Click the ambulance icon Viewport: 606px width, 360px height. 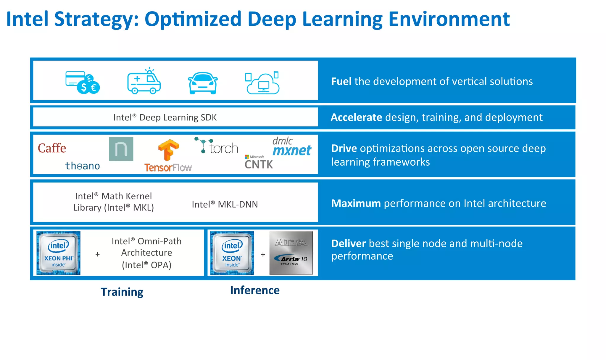point(144,81)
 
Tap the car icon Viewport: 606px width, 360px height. point(203,83)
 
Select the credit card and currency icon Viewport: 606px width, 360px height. point(83,83)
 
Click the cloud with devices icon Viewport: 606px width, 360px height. point(262,83)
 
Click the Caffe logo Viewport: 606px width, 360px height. point(52,148)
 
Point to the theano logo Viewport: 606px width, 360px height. point(83,166)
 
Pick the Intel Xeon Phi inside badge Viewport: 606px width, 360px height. point(58,253)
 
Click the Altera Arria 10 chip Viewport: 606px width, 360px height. point(291,253)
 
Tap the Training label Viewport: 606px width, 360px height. point(122,292)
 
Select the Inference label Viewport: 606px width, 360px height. point(255,290)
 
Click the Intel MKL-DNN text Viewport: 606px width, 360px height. point(225,204)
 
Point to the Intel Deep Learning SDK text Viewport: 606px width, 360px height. point(165,117)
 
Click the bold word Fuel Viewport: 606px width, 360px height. point(341,81)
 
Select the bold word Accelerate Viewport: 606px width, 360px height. point(356,117)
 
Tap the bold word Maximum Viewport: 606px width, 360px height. point(356,204)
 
